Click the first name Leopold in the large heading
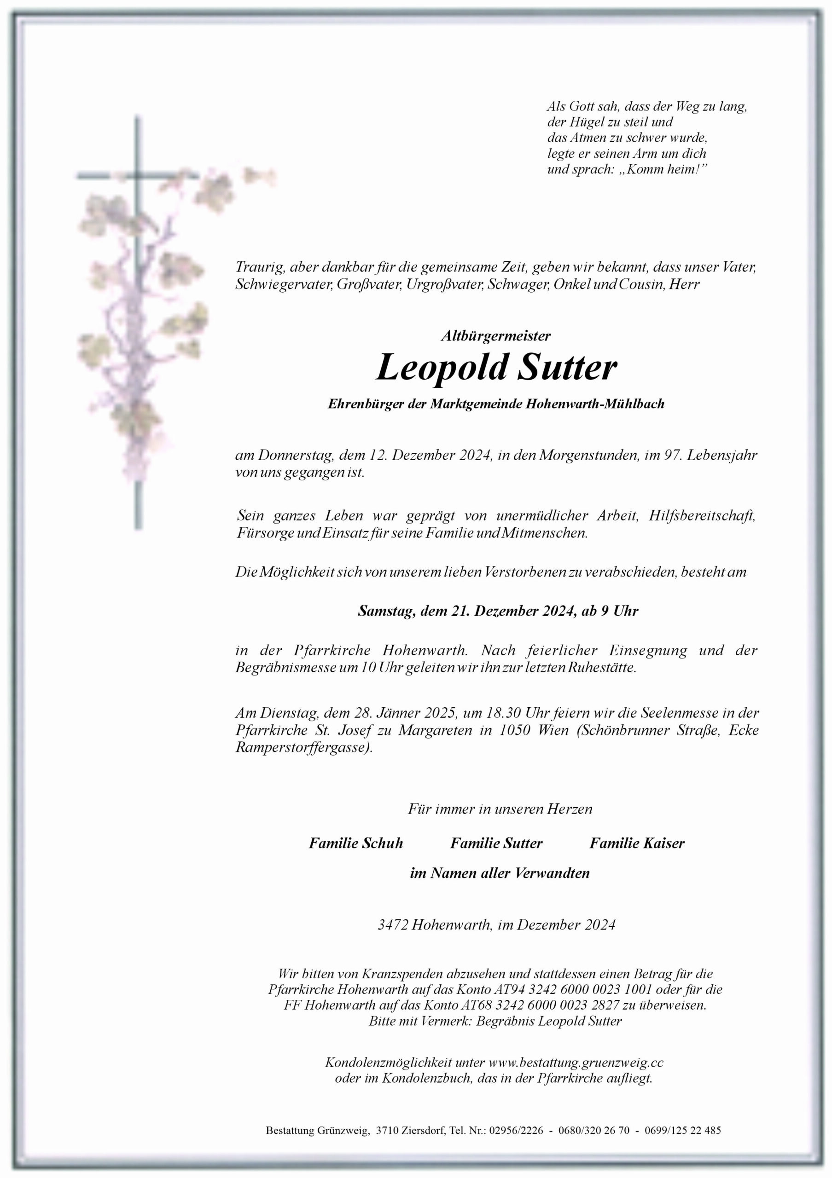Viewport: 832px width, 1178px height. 442,367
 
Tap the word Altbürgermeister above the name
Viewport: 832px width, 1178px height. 495,336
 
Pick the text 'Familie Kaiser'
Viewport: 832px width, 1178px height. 636,843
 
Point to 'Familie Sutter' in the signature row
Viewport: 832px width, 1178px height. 496,843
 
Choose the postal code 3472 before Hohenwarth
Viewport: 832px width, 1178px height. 392,925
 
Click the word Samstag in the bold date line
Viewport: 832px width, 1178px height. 386,611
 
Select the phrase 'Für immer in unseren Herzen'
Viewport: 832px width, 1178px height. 500,809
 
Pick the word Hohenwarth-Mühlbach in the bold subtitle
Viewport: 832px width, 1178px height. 595,404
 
